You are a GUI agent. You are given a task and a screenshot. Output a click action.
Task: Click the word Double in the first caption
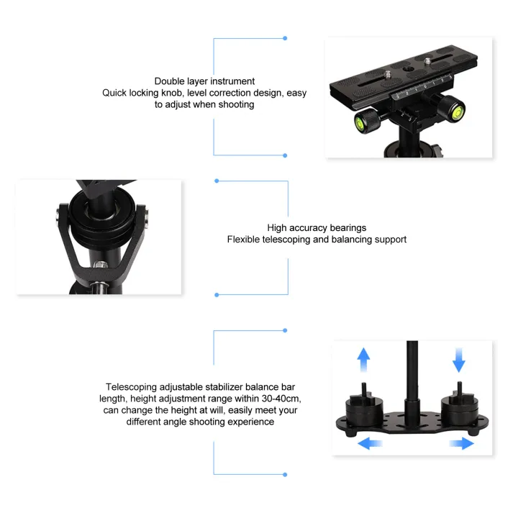(171, 81)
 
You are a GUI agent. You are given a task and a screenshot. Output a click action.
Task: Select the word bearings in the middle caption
(345, 227)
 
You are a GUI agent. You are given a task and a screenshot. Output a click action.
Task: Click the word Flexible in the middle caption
(245, 239)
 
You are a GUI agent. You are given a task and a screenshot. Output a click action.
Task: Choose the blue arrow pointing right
(461, 442)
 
